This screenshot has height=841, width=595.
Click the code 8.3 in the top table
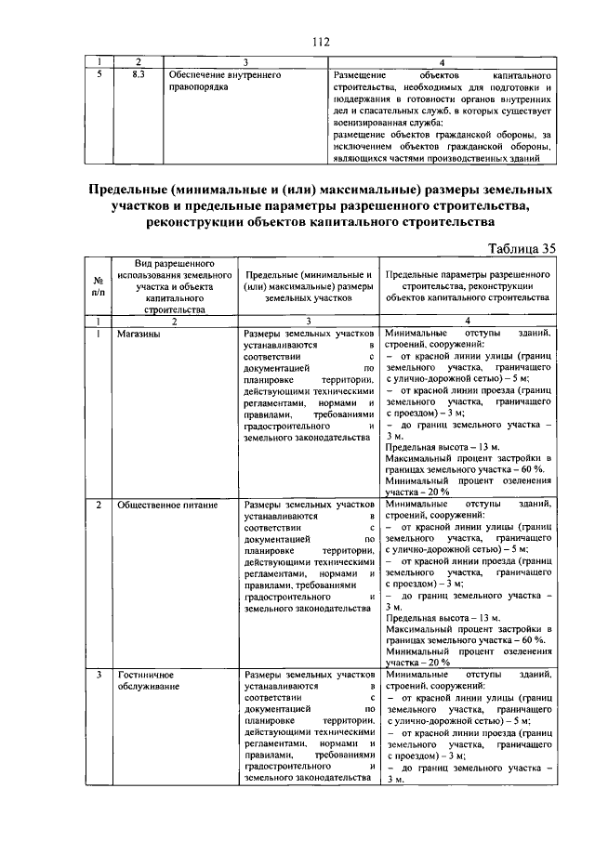(x=136, y=72)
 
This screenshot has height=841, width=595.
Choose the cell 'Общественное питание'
(x=167, y=505)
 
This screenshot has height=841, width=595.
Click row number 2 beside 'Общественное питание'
(x=99, y=505)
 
